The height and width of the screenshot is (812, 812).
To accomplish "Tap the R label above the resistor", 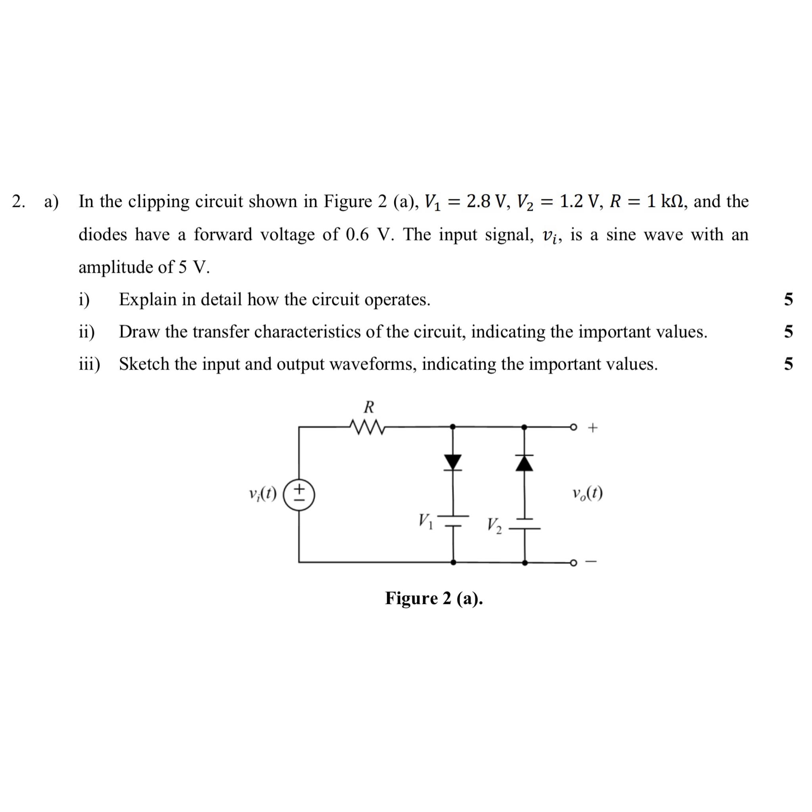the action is click(369, 407).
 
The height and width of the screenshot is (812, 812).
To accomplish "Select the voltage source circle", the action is click(299, 494).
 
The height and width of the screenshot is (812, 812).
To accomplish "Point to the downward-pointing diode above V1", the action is click(453, 462).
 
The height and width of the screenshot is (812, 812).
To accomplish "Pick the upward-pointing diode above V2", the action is click(524, 463).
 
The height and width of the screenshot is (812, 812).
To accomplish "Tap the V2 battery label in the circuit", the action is click(494, 525).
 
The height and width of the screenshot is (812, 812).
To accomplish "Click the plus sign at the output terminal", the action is click(592, 428).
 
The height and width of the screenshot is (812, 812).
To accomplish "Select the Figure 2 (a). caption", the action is click(434, 598).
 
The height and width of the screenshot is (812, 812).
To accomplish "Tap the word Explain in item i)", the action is click(147, 300).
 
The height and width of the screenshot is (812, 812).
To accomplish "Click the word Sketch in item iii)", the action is click(144, 364).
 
